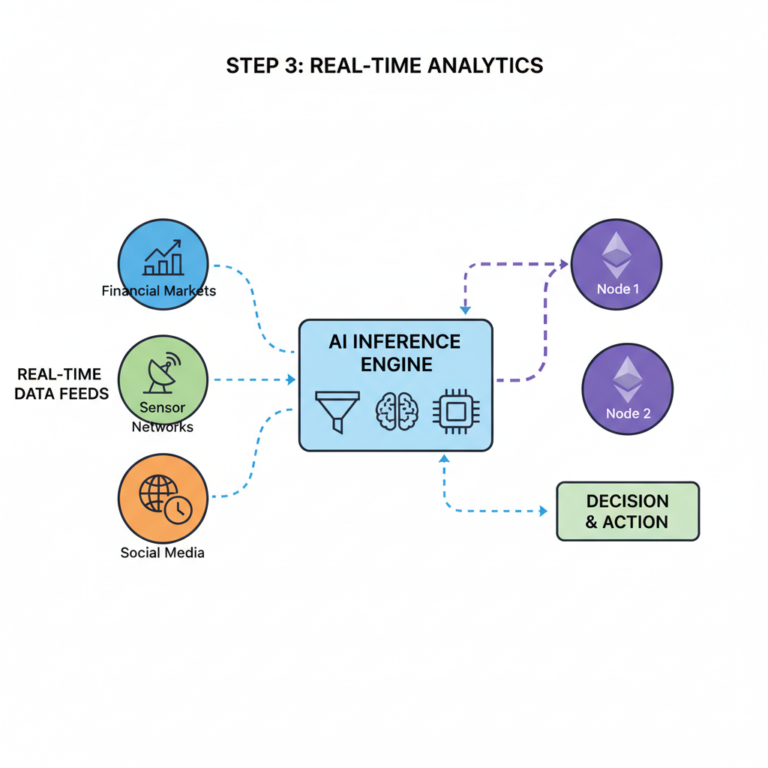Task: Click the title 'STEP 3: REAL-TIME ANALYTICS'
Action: (384, 66)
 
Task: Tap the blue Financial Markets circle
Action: (163, 264)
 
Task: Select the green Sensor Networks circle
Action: (163, 379)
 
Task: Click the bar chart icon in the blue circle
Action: (163, 257)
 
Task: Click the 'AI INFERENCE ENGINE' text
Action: (395, 352)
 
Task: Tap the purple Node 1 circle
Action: (616, 264)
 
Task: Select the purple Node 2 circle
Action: (627, 388)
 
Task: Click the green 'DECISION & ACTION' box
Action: (628, 511)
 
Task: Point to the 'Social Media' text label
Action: (162, 553)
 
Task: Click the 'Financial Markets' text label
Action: (159, 290)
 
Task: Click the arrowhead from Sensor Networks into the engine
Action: (292, 380)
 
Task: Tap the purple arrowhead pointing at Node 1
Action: (565, 264)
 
